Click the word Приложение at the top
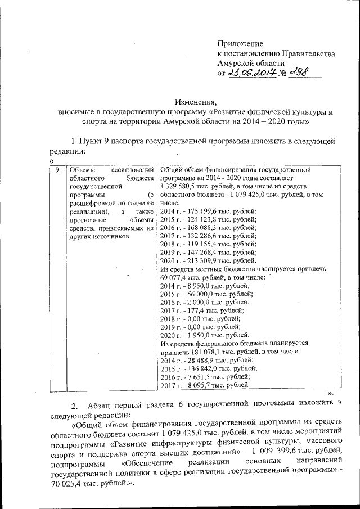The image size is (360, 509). (240, 43)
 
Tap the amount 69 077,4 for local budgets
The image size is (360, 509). (177, 278)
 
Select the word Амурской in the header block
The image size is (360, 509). (240, 64)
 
